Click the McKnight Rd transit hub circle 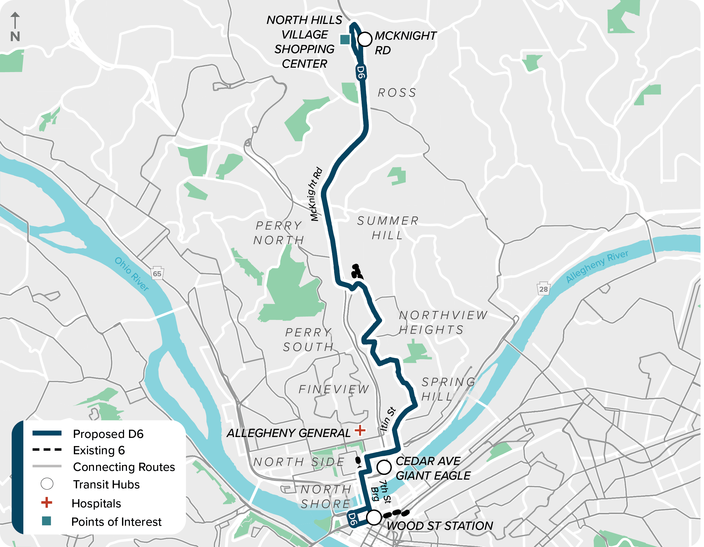point(365,39)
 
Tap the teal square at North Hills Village point(345,40)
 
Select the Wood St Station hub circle point(374,517)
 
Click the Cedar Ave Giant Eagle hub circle point(384,467)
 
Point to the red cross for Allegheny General point(360,430)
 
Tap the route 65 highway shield point(157,274)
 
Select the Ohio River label point(132,274)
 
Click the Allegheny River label point(597,266)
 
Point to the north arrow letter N point(15,36)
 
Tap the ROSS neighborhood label point(397,93)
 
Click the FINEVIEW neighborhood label point(334,389)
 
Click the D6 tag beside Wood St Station point(352,519)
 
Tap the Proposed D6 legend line point(47,433)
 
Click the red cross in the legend point(47,503)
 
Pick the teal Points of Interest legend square point(47,521)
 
